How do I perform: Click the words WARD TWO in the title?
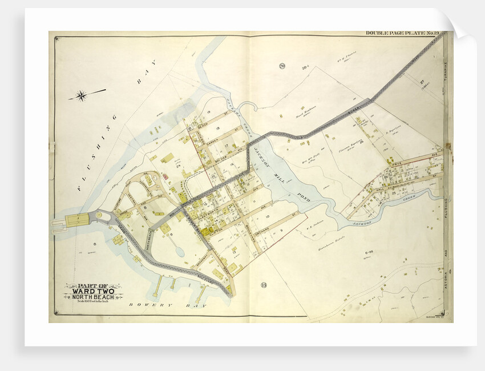pos(93,291)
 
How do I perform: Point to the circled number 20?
pos(282,66)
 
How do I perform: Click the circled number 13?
pos(263,285)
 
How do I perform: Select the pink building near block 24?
pos(165,177)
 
